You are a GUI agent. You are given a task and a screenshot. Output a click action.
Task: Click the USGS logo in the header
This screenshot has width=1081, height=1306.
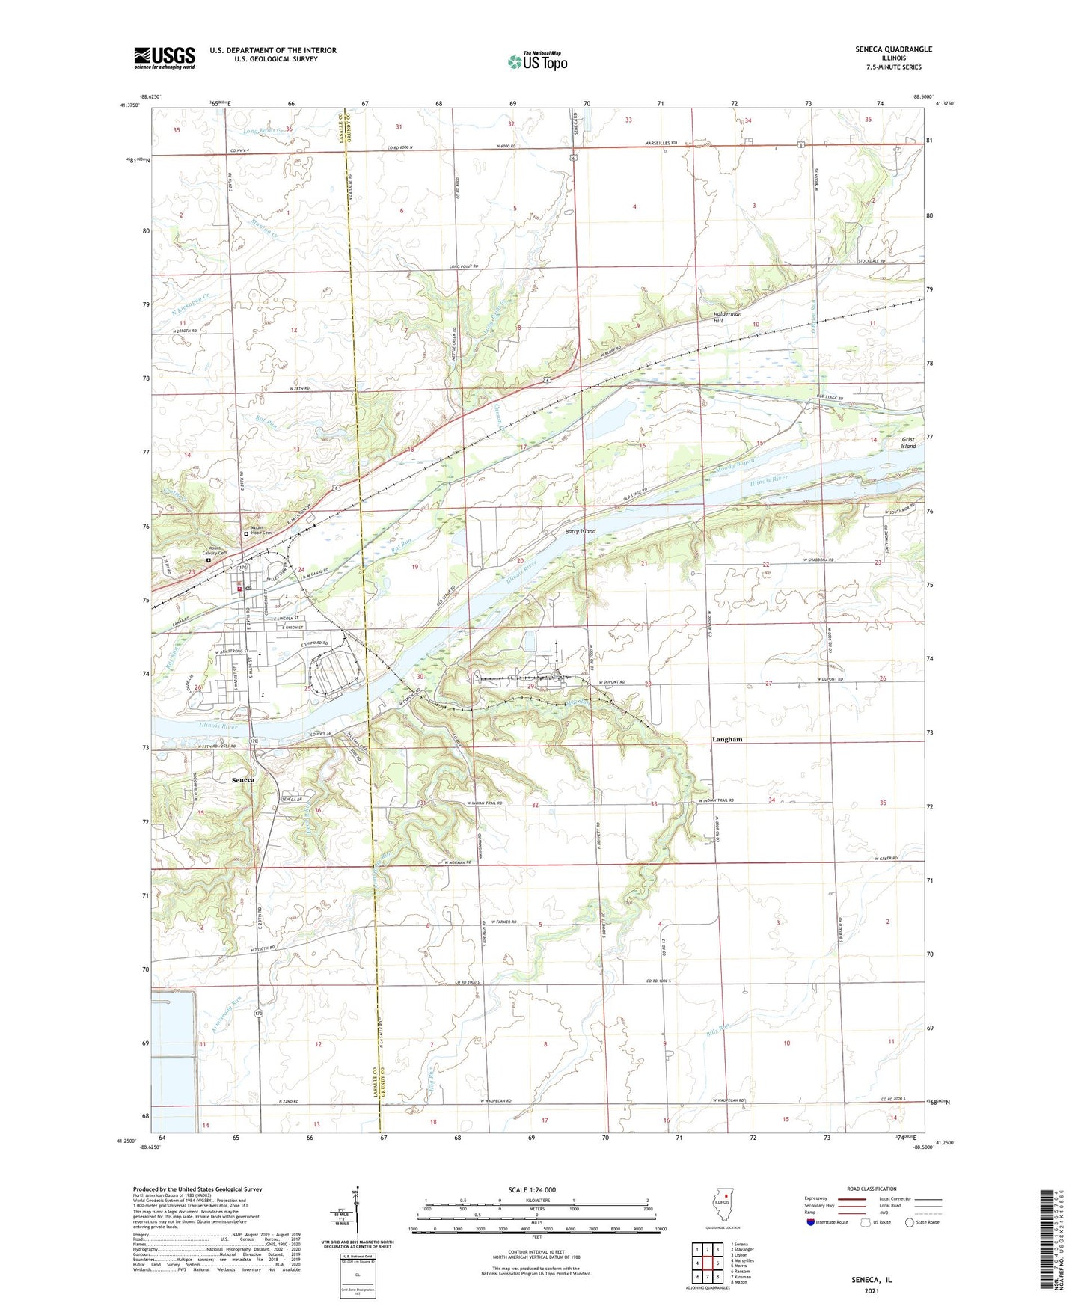point(164,58)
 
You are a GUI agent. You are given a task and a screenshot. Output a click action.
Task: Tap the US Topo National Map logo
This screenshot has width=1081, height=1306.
point(537,61)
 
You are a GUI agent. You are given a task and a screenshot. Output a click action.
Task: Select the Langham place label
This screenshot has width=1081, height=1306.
point(726,739)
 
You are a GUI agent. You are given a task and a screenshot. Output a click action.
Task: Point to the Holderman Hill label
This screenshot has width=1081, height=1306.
point(726,317)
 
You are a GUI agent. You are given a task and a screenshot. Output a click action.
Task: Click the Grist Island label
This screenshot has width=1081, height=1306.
point(908,443)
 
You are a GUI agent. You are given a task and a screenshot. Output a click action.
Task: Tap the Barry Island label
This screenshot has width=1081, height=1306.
point(580,531)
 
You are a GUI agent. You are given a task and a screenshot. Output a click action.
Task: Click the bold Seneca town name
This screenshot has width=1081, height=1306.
point(242,779)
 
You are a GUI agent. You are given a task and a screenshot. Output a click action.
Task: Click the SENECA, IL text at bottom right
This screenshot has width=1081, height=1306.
point(872,1280)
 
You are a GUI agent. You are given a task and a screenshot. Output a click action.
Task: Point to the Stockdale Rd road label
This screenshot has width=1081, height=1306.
point(872,261)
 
